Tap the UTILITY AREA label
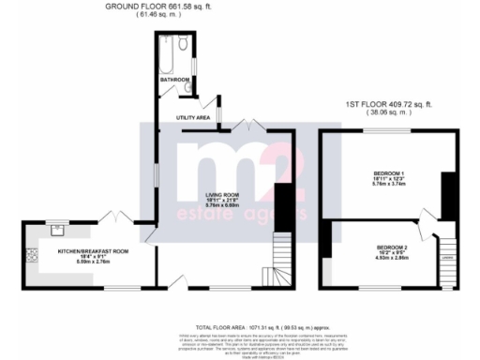[x=192, y=117]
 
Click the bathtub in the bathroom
[x=165, y=53]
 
